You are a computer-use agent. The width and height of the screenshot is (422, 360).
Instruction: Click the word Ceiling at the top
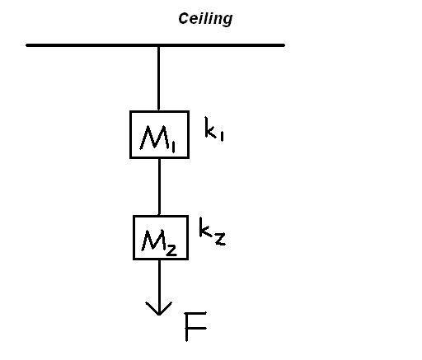[205, 19]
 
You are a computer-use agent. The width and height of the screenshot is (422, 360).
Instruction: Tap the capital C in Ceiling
[183, 18]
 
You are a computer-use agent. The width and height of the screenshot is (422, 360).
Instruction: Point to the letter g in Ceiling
[227, 21]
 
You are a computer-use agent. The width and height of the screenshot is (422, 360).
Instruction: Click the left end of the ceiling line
[26, 45]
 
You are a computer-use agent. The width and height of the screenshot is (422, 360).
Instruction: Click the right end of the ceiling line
[284, 45]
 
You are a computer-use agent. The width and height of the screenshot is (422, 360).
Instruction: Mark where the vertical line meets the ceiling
[159, 46]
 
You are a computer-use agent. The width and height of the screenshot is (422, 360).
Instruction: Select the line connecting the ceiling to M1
[159, 78]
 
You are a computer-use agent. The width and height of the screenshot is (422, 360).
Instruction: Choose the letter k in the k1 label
[211, 127]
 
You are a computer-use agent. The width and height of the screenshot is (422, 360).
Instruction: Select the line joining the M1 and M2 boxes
[159, 187]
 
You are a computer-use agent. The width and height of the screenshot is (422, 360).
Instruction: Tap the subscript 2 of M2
[171, 250]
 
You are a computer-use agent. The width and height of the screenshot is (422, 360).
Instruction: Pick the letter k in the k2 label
[205, 227]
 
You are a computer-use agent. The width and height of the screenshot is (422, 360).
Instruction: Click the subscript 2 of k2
[220, 239]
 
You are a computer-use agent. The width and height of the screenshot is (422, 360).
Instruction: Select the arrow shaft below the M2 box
[159, 286]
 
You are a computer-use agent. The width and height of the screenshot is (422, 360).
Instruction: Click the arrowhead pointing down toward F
[159, 309]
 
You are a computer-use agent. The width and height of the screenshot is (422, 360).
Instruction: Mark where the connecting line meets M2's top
[159, 216]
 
